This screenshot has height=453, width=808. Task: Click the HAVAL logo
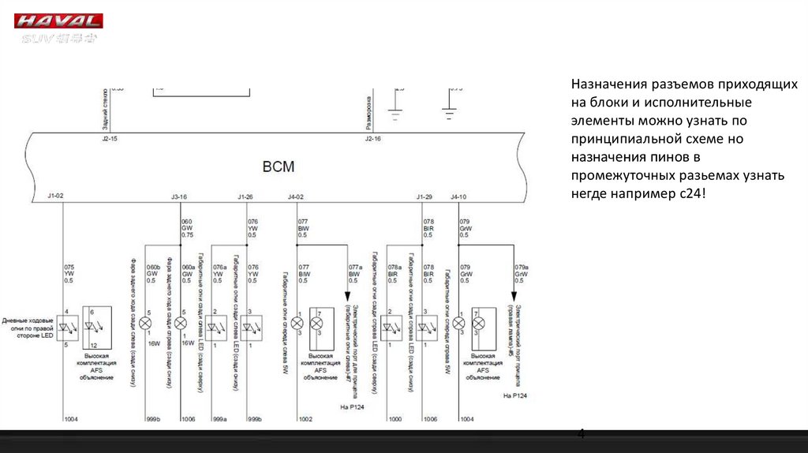pos(59,21)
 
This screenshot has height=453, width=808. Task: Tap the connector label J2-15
pos(109,138)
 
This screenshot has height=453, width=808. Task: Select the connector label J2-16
pos(372,138)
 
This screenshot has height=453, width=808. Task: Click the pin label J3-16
pos(179,196)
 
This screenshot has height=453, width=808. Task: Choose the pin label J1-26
pos(245,196)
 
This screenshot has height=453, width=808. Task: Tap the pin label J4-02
pos(295,196)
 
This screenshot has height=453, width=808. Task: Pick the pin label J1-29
pos(425,196)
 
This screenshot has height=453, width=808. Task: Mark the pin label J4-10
pos(458,196)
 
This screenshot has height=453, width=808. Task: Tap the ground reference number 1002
pos(305,419)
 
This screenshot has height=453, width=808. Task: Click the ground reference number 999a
pos(220,419)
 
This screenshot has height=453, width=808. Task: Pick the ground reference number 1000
pos(395,419)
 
